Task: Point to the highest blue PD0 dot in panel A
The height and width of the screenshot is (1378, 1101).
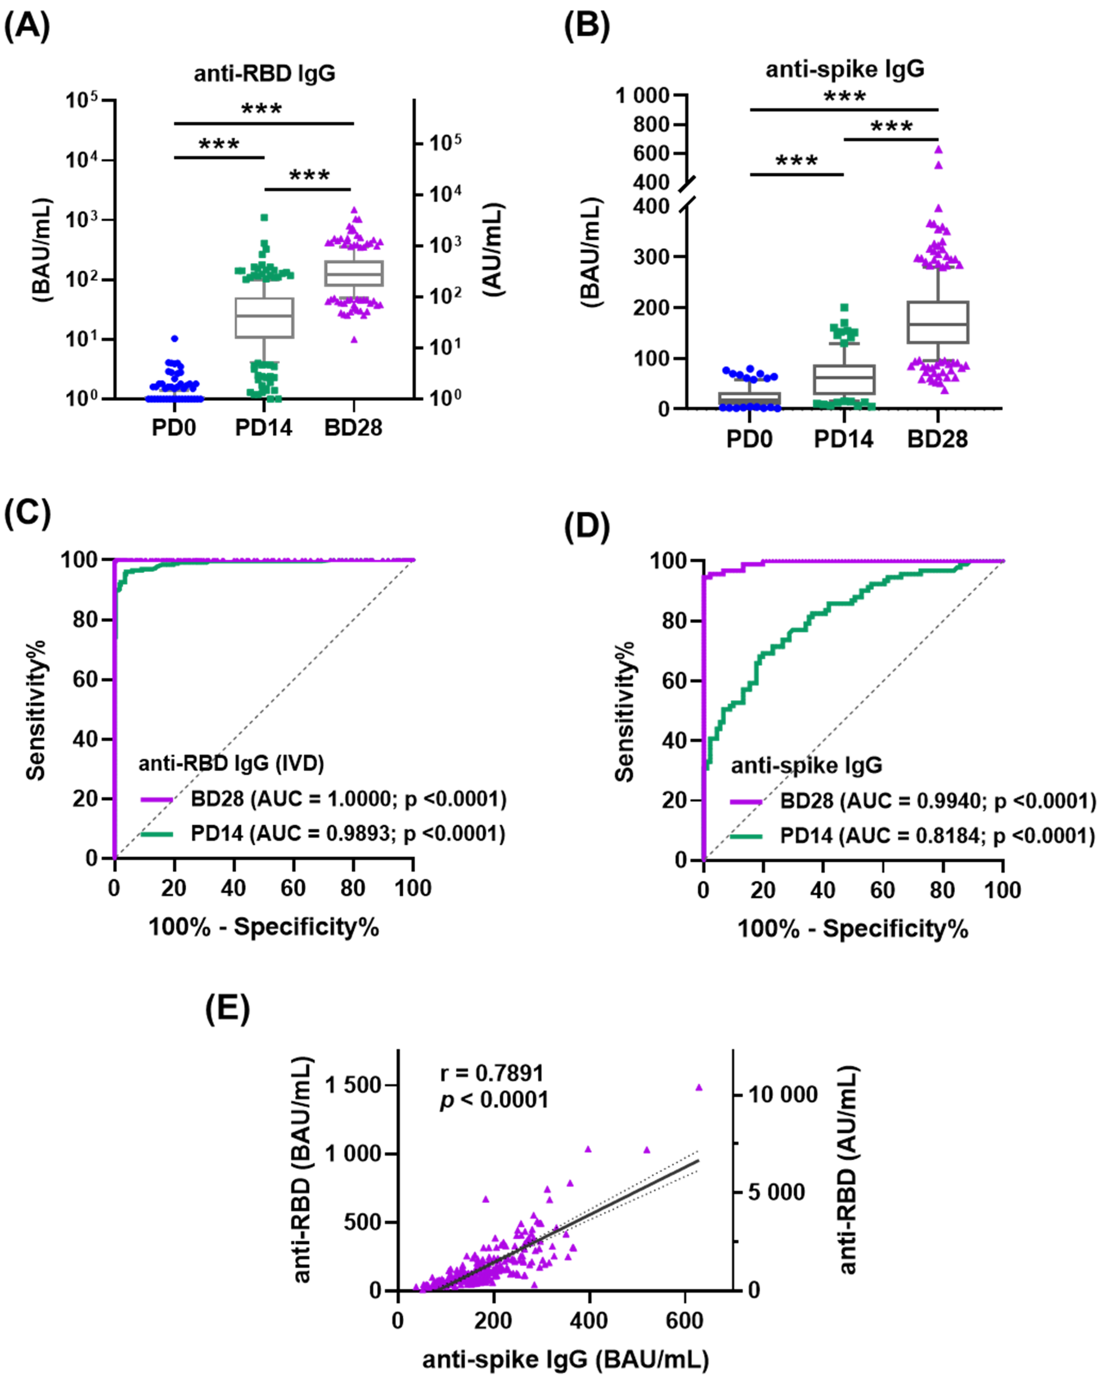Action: click(174, 339)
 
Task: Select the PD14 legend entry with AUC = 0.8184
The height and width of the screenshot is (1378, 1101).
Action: click(937, 835)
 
